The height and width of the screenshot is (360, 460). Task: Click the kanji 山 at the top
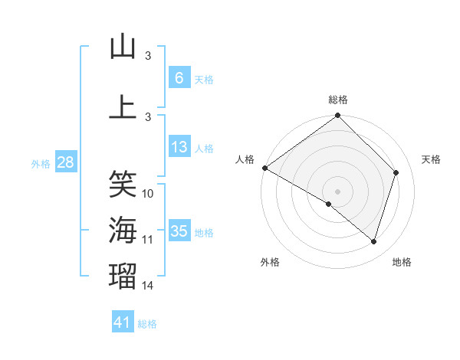tap(123, 47)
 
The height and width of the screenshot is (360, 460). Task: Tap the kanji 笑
tap(123, 184)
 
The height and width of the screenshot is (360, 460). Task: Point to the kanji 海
tap(123, 230)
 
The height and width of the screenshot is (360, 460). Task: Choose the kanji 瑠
tap(123, 276)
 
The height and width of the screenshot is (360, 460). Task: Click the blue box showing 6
tap(179, 78)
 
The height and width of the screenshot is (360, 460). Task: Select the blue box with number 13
tap(179, 147)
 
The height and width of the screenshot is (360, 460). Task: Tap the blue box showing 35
tap(179, 231)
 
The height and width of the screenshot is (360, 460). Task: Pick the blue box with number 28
tap(65, 162)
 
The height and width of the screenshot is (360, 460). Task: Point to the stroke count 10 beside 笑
tap(149, 193)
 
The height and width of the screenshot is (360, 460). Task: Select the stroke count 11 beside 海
tap(149, 240)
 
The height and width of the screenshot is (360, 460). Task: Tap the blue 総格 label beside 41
tap(147, 324)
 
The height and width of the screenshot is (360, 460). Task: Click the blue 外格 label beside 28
tap(41, 163)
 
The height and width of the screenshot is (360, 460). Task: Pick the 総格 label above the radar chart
tap(337, 100)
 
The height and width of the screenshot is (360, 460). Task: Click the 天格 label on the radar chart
tap(431, 159)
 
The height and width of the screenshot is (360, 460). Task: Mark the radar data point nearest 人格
tap(264, 168)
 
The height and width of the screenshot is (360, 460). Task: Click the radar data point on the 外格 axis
tap(329, 205)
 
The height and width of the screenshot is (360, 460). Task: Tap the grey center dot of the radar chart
tap(337, 191)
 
